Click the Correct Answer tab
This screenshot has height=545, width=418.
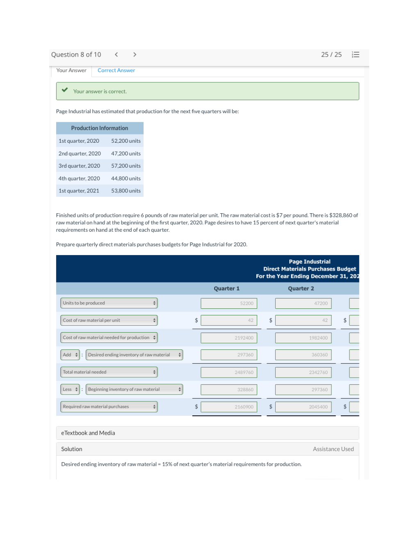coord(116,71)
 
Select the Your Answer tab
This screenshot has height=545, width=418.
coord(71,71)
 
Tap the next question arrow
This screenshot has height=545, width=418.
coord(135,55)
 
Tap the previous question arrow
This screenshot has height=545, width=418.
coord(116,55)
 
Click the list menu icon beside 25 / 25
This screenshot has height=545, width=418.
coord(356,55)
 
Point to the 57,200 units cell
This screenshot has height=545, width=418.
coord(126,166)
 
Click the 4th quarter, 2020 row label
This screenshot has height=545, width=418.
coord(79,178)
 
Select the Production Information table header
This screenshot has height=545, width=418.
coord(100,128)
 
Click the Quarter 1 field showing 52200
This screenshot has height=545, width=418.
coord(229,303)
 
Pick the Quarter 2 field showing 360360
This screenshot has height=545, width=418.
coord(303,355)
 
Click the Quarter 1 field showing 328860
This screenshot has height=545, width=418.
coord(229,390)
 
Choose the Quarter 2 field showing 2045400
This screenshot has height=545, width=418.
coord(303,407)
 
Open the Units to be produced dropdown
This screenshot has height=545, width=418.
coord(109,303)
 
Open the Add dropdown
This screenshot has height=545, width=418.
coord(70,355)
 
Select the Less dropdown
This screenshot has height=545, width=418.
coord(70,390)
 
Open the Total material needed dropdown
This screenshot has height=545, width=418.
coord(109,372)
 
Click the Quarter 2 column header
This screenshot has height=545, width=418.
coord(301,289)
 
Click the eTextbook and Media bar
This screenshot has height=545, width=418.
coord(207,433)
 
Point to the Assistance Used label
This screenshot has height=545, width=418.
coord(333,449)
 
